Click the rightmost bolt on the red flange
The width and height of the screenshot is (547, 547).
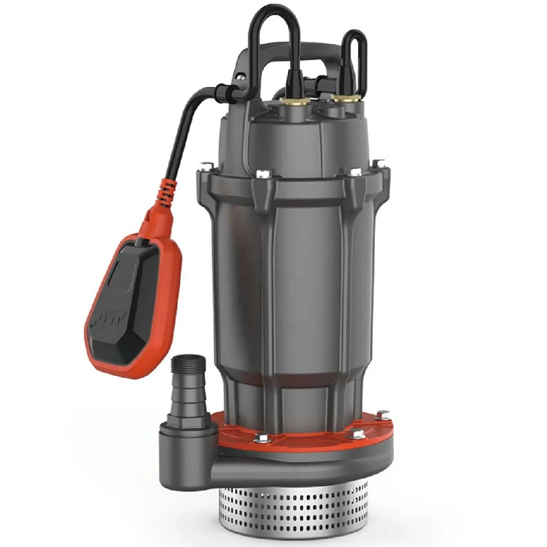tap(382, 414)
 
